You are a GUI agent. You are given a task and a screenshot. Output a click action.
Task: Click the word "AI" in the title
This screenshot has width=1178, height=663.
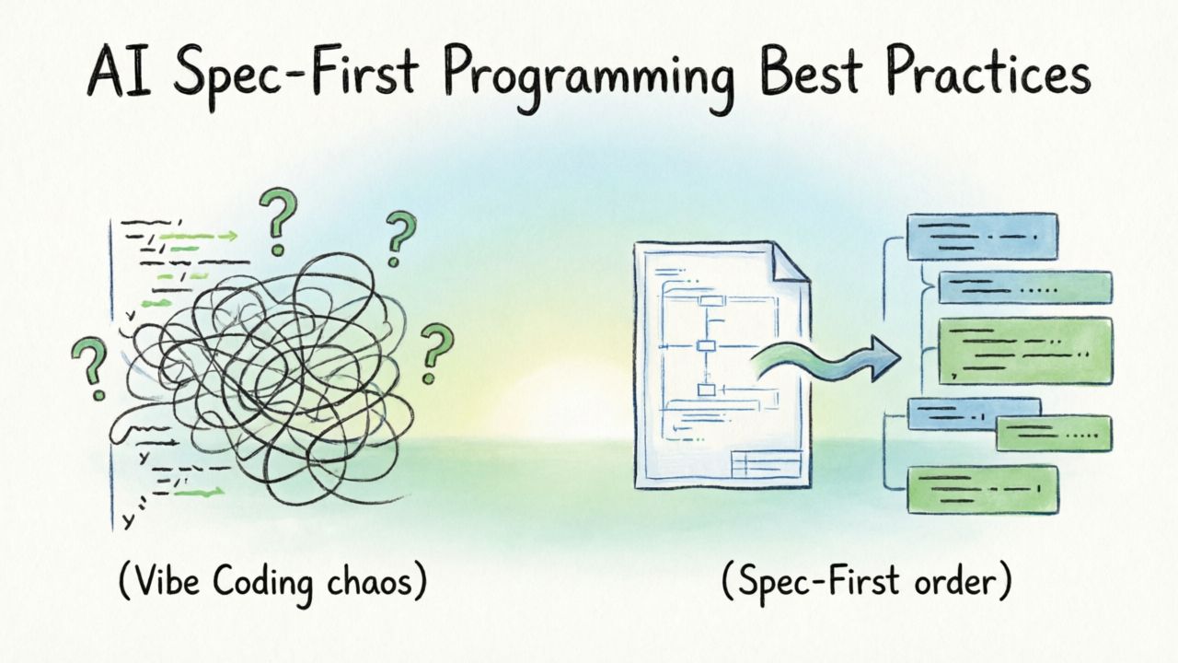pos(120,72)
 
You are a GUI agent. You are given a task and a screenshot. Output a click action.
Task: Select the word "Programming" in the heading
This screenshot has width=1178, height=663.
pos(588,76)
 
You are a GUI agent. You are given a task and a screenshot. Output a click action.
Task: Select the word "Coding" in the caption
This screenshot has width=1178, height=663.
pos(263,584)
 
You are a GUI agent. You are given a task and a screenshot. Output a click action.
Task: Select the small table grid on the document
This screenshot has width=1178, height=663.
pos(767,463)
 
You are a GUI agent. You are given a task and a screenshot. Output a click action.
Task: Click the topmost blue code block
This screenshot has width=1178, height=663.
pos(982,237)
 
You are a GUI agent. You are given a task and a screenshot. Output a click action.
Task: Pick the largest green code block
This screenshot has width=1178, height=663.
pos(1025,351)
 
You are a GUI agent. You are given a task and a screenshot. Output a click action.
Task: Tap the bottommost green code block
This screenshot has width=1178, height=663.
pos(983,490)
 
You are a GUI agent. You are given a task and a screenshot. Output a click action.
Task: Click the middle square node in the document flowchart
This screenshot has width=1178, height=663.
pos(706,345)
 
